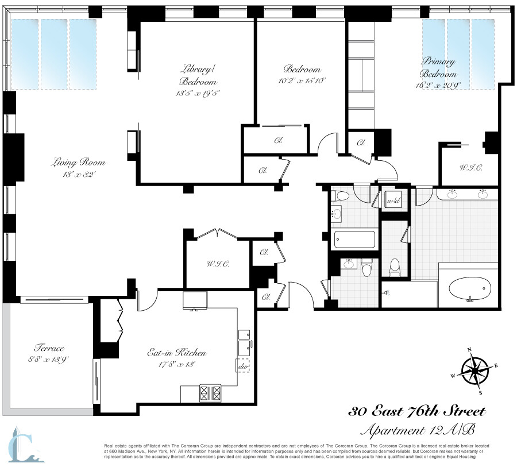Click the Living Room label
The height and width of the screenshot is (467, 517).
coord(79,163)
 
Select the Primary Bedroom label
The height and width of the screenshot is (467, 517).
coord(439,67)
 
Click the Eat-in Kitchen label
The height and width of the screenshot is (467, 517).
coord(176,353)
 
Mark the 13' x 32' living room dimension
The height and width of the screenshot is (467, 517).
coord(79,175)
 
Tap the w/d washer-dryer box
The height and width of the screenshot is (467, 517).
coord(393,201)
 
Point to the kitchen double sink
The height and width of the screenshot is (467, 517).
coord(245,341)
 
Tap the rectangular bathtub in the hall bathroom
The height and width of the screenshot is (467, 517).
coord(354,238)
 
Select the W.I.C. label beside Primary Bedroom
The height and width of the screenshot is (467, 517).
coord(470,168)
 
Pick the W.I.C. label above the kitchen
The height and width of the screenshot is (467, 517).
coord(218,264)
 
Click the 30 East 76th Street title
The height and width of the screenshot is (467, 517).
coord(418,411)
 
